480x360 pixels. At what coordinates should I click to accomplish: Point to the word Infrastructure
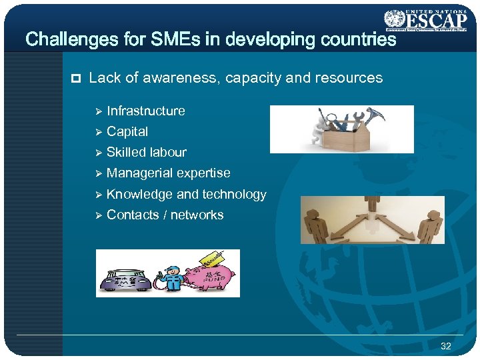tap(146, 111)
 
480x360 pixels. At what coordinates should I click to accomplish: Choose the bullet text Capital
tap(127, 131)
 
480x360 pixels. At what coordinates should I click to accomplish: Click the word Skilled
tap(126, 152)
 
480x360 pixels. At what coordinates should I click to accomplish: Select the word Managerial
tap(139, 173)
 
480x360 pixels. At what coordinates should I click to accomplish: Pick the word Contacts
tap(131, 215)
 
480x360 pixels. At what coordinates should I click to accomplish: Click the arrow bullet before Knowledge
tap(97, 195)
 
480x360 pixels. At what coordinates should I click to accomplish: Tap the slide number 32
tap(445, 346)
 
